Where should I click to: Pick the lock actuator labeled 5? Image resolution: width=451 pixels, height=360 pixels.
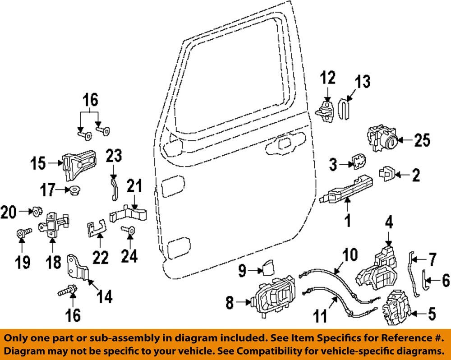[x=395, y=307]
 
